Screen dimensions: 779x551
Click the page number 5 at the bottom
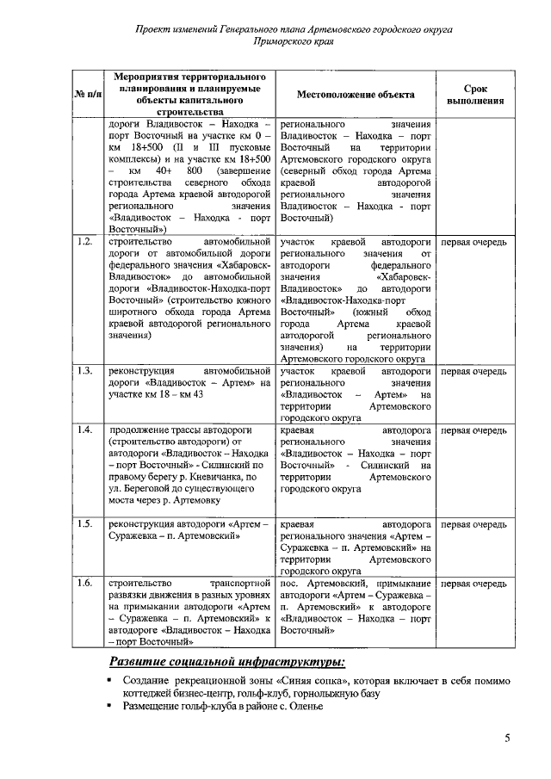507,738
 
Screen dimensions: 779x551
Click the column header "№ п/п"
87,95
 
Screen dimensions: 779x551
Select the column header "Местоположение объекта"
356,95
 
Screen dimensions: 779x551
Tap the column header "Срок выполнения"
474,95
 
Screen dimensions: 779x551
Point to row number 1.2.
84,242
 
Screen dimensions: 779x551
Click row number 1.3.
84,371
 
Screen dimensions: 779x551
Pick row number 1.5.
84,523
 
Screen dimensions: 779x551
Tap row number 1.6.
84,583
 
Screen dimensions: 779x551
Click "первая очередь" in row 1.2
474,242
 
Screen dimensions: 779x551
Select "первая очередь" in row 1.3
474,371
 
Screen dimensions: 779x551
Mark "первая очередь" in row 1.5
474,523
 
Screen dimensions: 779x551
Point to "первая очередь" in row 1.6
474,583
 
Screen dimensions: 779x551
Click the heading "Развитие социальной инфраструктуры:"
227,661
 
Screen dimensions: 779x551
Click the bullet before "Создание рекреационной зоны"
111,681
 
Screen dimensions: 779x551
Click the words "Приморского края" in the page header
294,40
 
